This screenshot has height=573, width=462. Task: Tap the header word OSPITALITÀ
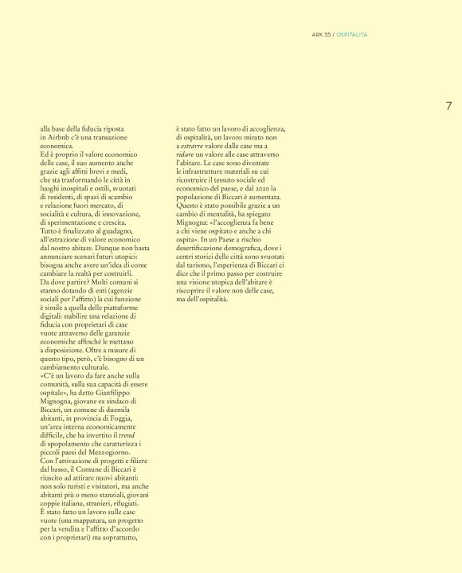(x=351, y=35)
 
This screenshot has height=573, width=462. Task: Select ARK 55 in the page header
(x=321, y=35)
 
